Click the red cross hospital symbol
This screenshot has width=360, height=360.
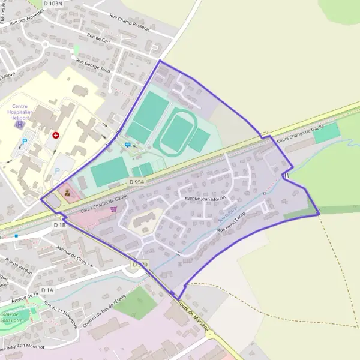(x=56, y=136)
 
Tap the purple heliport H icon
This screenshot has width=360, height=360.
(x=21, y=125)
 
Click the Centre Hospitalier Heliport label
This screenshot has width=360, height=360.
(x=21, y=112)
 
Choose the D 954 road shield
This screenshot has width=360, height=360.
(x=136, y=181)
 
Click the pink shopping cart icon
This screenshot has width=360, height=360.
(x=113, y=209)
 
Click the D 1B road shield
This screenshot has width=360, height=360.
(x=59, y=225)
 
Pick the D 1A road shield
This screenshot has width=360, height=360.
(x=47, y=290)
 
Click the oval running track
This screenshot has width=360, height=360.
(x=176, y=134)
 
